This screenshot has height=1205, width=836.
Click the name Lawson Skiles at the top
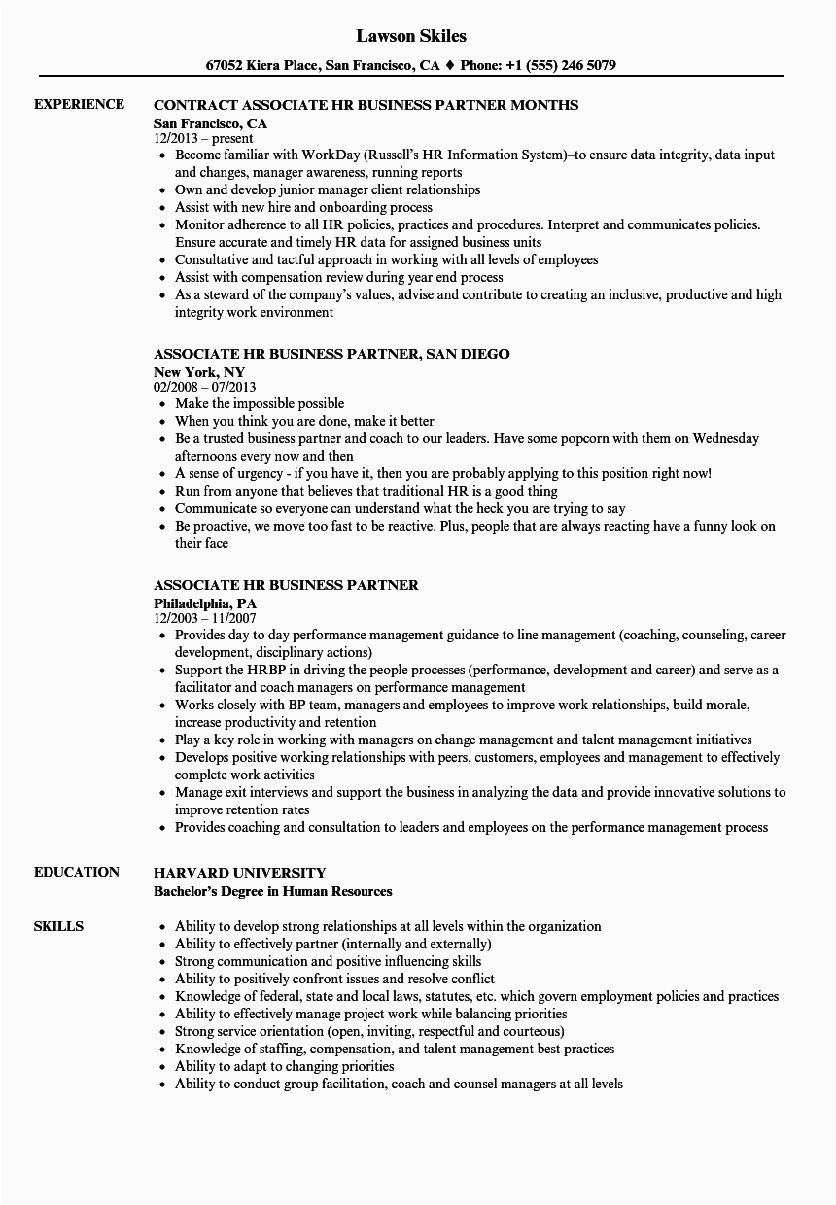pyautogui.click(x=411, y=36)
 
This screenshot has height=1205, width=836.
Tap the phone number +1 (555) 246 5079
pyautogui.click(x=564, y=66)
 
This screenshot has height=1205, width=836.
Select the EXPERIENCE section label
pyautogui.click(x=79, y=104)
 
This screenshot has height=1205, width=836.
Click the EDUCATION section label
pyautogui.click(x=77, y=872)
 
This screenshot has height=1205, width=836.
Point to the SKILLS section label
pyautogui.click(x=58, y=926)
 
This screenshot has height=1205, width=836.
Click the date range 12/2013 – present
pyautogui.click(x=203, y=139)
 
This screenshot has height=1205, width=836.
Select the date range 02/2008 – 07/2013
pyautogui.click(x=204, y=388)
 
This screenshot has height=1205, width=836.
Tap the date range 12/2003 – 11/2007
pyautogui.click(x=204, y=619)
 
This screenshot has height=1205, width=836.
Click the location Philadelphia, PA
pyautogui.click(x=205, y=603)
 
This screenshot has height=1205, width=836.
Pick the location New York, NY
pyautogui.click(x=199, y=372)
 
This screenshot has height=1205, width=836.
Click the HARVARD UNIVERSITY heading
pyautogui.click(x=240, y=873)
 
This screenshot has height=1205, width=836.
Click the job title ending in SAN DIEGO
pyautogui.click(x=331, y=354)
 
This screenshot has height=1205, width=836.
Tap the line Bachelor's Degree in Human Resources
pyautogui.click(x=273, y=891)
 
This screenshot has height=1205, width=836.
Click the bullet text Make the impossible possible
pyautogui.click(x=260, y=404)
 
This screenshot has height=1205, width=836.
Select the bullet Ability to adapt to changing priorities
pyautogui.click(x=285, y=1066)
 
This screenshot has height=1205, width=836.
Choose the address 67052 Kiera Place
pyautogui.click(x=261, y=66)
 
